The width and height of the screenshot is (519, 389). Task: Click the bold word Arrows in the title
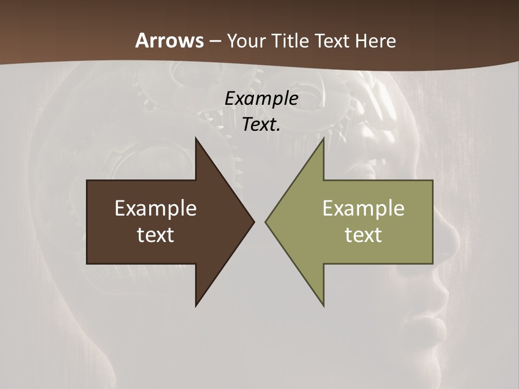tap(170, 41)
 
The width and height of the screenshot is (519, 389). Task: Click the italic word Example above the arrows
tap(261, 98)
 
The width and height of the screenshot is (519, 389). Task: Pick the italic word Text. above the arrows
tap(261, 124)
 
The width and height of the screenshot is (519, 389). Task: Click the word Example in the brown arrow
tap(156, 208)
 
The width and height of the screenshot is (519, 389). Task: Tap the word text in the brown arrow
tap(156, 234)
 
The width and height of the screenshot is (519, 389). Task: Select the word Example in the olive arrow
tap(363, 208)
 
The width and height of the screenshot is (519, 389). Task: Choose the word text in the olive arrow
tap(363, 234)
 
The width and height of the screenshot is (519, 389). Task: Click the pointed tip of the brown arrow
tap(254, 222)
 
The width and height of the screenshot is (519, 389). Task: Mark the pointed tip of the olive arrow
tap(265, 222)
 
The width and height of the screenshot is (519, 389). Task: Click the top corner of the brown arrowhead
tap(196, 138)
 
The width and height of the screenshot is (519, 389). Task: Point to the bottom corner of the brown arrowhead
tap(196, 305)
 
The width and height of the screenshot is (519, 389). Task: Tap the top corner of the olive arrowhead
tap(323, 138)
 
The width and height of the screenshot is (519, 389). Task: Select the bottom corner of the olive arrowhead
tap(323, 305)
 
